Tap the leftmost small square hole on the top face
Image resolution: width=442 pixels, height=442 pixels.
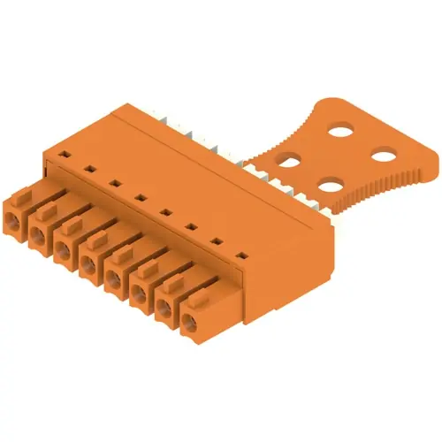tap(63, 153)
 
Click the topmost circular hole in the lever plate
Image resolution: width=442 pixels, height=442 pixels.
tap(339, 128)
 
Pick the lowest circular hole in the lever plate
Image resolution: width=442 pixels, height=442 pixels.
tap(330, 186)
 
